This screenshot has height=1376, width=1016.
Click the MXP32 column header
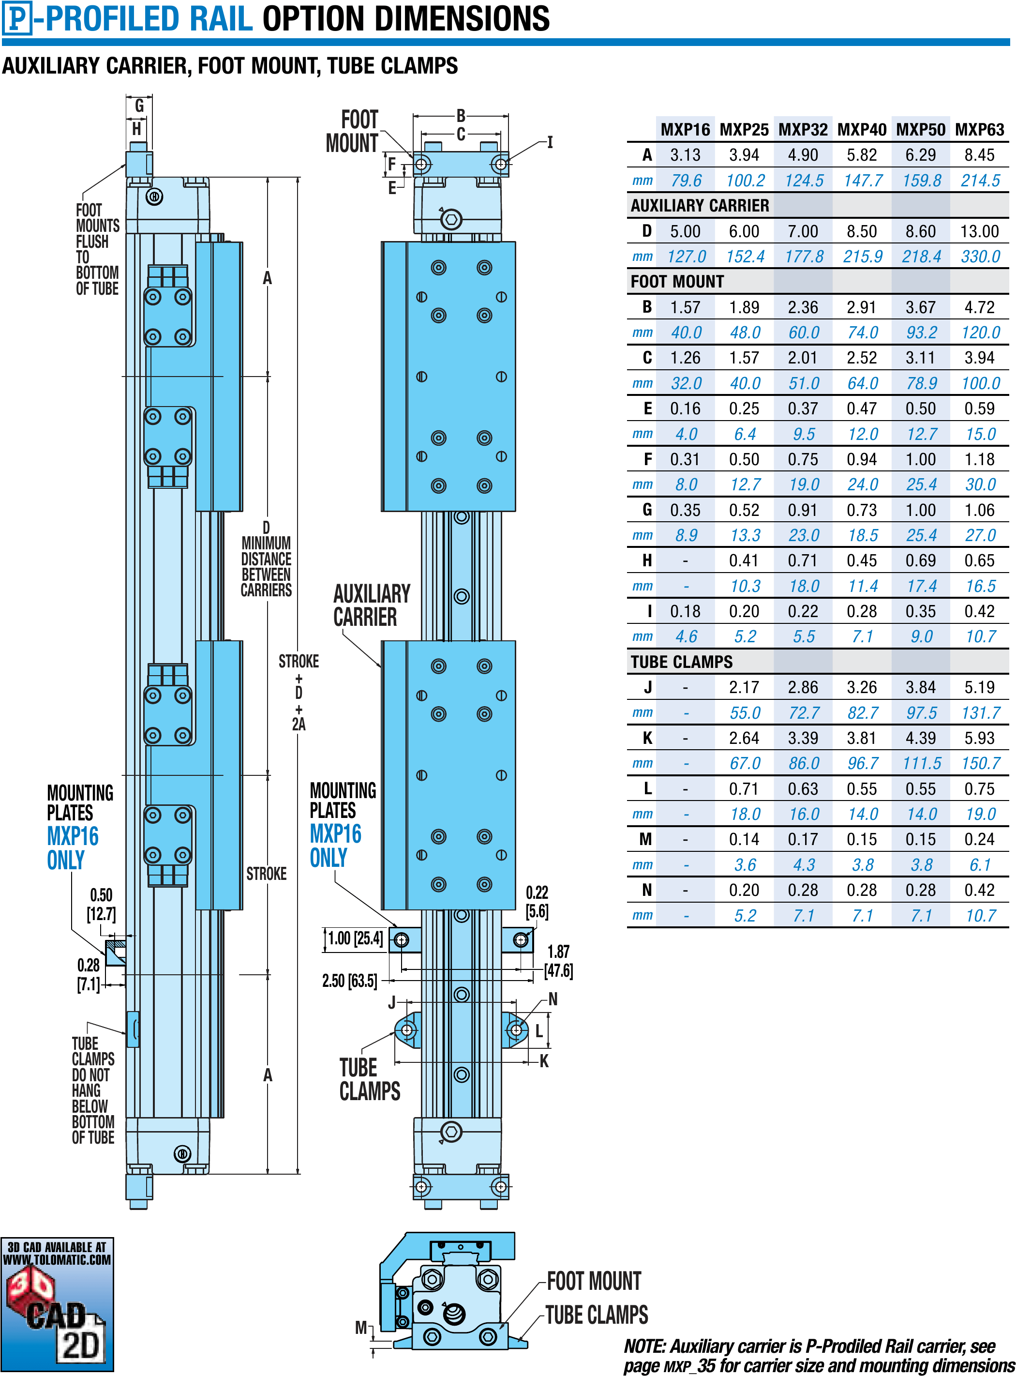click(803, 130)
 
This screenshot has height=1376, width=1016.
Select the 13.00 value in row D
click(980, 231)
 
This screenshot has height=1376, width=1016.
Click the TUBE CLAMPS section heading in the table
click(681, 662)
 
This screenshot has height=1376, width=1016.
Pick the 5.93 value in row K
click(980, 738)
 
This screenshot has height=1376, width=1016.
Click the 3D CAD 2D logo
click(57, 1304)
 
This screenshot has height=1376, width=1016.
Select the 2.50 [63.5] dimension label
click(349, 981)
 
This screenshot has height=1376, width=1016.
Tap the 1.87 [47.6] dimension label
click(558, 961)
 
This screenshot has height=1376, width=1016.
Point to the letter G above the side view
click(140, 106)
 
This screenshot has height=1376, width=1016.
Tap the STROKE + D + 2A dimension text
click(299, 693)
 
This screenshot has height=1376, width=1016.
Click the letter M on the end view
click(361, 1328)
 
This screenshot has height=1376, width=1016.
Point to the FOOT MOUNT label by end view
click(594, 1281)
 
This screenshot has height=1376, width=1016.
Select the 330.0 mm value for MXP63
click(980, 257)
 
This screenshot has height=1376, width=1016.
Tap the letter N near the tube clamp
click(553, 999)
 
